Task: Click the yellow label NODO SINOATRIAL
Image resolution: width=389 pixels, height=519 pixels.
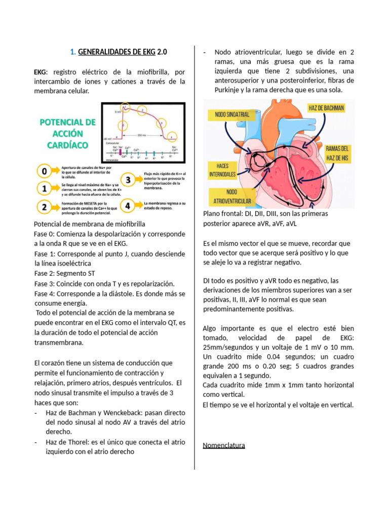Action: point(232,115)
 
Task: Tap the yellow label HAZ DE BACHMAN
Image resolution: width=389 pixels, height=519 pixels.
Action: point(326,108)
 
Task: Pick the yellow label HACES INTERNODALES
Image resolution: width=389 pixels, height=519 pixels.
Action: point(222,170)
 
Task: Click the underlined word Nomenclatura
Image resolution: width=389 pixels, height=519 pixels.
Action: point(224,446)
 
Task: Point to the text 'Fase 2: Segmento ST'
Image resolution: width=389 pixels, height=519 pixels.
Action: point(64,273)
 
